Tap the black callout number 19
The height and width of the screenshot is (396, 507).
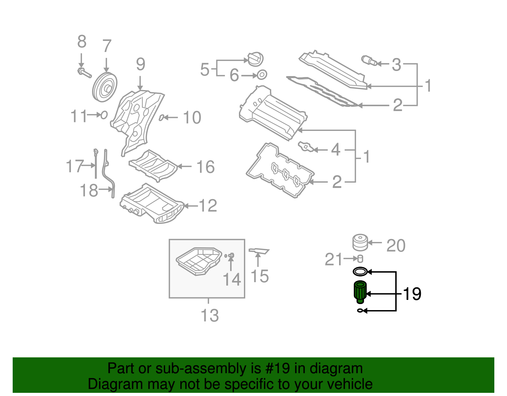tap(412, 294)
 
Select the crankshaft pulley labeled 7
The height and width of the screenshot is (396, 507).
tap(105, 87)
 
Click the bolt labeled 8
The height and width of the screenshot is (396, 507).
tap(84, 73)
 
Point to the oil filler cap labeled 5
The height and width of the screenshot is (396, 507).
tap(255, 59)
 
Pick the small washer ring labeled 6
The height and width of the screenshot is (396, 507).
tap(262, 75)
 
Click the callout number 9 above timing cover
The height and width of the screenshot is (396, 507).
tap(140, 64)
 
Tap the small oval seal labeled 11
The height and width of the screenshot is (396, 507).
tap(104, 115)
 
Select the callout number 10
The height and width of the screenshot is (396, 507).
tap(192, 118)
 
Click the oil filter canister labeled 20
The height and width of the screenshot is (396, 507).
tap(360, 243)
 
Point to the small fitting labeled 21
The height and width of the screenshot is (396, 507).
tap(360, 259)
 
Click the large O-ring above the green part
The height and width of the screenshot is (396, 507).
tap(360, 272)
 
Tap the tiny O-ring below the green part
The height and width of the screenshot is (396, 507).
tap(360, 311)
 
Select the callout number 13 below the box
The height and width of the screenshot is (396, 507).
tap(210, 315)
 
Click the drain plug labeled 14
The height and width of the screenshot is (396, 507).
tap(231, 255)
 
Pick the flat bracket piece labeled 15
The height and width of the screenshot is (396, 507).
tap(259, 251)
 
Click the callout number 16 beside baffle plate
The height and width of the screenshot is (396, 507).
tap(205, 167)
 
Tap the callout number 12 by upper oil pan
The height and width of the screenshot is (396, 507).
tap(208, 206)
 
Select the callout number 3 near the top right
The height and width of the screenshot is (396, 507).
tap(396, 65)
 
